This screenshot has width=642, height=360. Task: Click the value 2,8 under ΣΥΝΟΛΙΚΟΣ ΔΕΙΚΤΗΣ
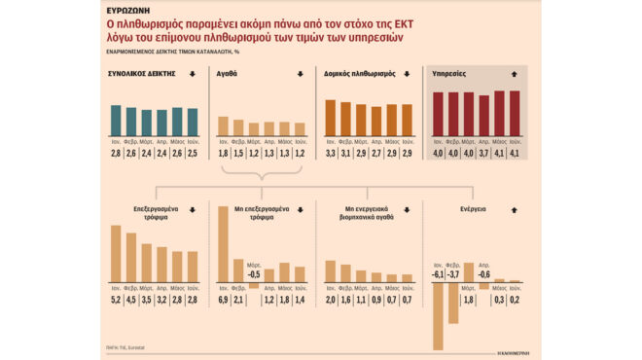(116, 153)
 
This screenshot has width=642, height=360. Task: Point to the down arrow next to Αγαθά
(300, 74)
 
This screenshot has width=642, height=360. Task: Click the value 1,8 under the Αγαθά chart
(222, 153)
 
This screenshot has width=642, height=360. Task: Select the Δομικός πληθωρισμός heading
(357, 74)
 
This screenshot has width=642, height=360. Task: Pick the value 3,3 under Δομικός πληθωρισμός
(330, 153)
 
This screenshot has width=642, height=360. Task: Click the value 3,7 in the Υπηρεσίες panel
(484, 153)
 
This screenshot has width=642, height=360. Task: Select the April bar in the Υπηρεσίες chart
(484, 115)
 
